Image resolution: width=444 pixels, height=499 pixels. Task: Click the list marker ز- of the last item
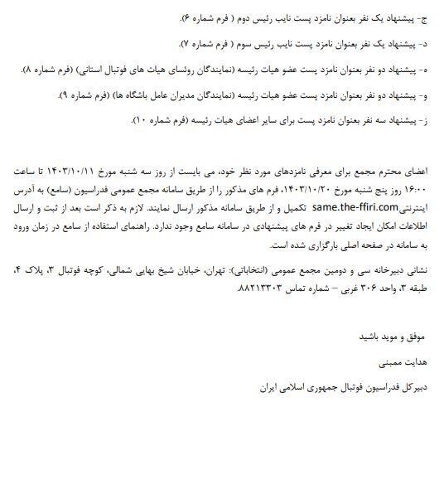point(426,122)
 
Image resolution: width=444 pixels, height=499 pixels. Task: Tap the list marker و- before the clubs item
point(426,95)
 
